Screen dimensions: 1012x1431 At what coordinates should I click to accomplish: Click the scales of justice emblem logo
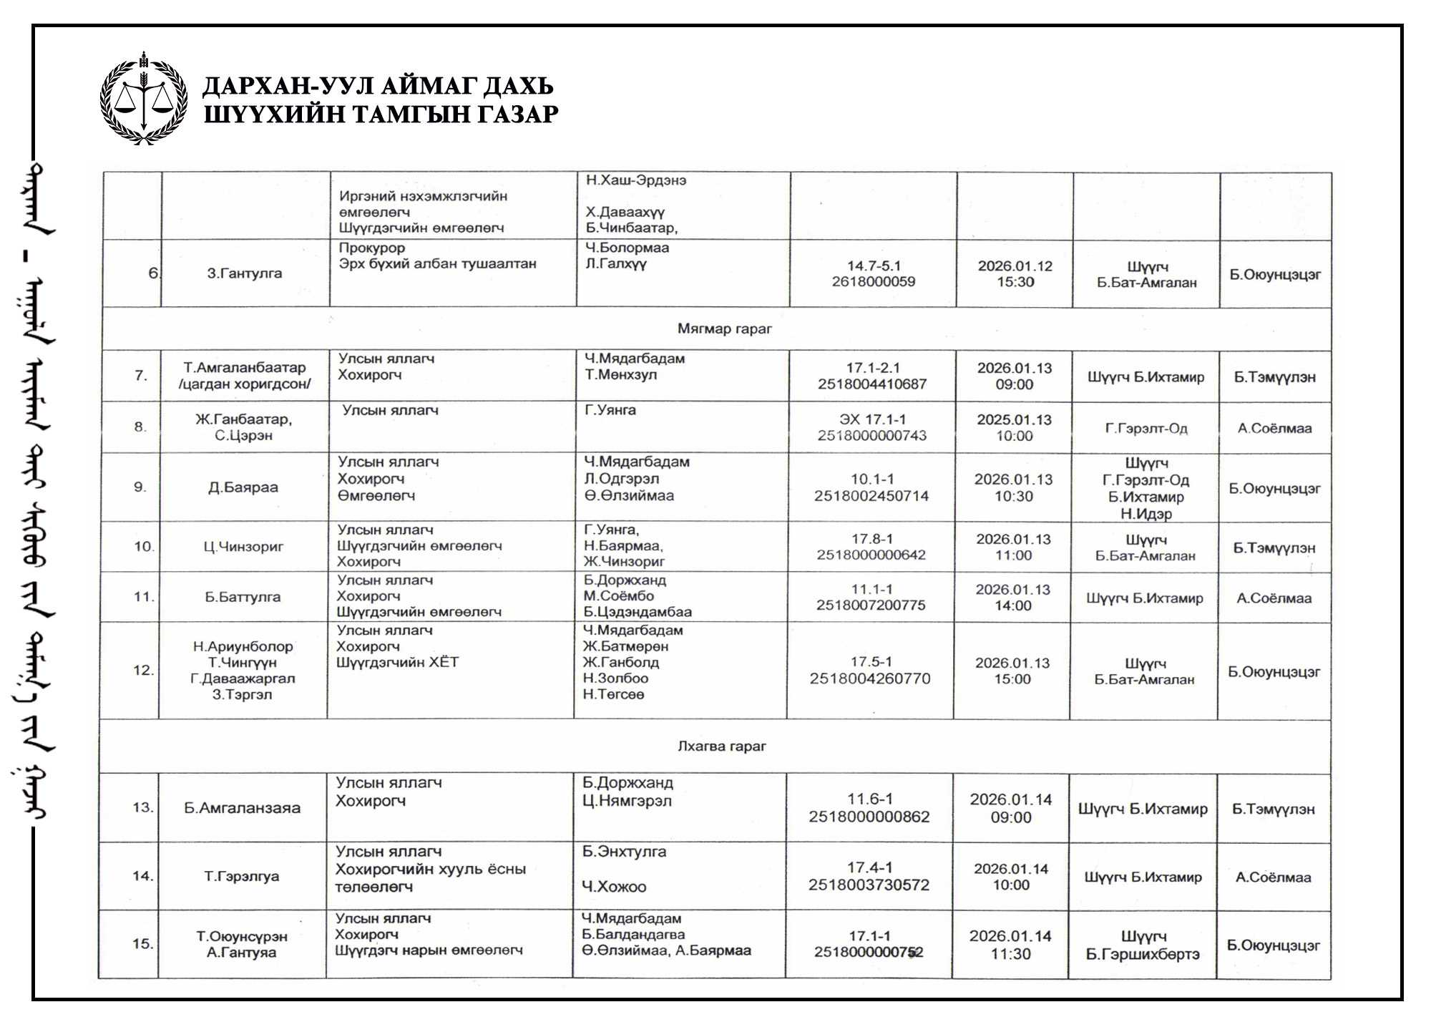pyautogui.click(x=144, y=99)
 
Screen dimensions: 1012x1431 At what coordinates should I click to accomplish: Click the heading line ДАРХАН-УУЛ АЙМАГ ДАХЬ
pyautogui.click(x=378, y=86)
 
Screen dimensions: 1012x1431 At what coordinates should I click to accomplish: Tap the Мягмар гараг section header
pyautogui.click(x=724, y=329)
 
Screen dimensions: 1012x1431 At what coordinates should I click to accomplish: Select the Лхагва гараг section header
pyautogui.click(x=721, y=746)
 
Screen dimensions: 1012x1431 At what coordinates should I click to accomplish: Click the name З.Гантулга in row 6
pyautogui.click(x=245, y=273)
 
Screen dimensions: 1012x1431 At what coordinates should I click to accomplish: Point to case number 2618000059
pyautogui.click(x=873, y=282)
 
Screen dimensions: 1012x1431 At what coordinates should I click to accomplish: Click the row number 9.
pyautogui.click(x=140, y=487)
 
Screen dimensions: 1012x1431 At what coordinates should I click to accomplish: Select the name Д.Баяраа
pyautogui.click(x=243, y=488)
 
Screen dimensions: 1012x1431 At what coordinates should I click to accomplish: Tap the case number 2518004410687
pyautogui.click(x=872, y=384)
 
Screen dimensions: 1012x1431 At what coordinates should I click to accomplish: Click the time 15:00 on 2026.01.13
pyautogui.click(x=1012, y=679)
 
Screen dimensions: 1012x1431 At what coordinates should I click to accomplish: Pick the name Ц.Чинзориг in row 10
pyautogui.click(x=243, y=548)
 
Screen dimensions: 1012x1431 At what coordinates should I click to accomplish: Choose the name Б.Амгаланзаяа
pyautogui.click(x=242, y=809)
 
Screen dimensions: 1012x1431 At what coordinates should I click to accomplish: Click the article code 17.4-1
pyautogui.click(x=870, y=867)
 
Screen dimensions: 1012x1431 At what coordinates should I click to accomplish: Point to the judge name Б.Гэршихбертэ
pyautogui.click(x=1143, y=955)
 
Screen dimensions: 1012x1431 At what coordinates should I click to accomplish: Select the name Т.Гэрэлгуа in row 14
pyautogui.click(x=242, y=877)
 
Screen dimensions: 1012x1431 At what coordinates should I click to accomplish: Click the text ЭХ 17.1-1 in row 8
pyautogui.click(x=873, y=419)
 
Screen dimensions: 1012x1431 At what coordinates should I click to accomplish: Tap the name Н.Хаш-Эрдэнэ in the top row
pyautogui.click(x=636, y=180)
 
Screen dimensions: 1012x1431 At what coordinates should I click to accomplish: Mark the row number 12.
pyautogui.click(x=143, y=671)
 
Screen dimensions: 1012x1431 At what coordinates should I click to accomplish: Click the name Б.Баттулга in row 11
pyautogui.click(x=243, y=598)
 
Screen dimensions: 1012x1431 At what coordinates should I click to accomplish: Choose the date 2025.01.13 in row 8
pyautogui.click(x=1015, y=420)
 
